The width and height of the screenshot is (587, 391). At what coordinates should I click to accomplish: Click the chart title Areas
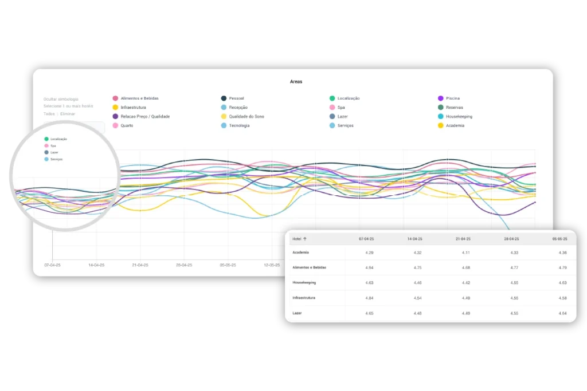click(296, 82)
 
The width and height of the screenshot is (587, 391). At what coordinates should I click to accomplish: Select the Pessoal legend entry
click(236, 98)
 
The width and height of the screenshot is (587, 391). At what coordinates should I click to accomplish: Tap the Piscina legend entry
click(453, 98)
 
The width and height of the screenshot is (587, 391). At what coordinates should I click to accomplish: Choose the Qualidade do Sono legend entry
click(246, 117)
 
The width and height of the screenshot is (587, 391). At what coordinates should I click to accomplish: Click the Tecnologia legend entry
click(239, 126)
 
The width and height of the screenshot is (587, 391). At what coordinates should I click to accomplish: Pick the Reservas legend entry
click(454, 108)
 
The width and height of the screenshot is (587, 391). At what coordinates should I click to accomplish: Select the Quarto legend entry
click(127, 126)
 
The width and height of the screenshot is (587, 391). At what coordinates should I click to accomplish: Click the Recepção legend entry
click(238, 108)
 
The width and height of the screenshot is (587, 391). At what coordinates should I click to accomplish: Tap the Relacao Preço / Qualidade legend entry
click(145, 117)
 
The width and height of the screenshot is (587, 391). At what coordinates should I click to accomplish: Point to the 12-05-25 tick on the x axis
click(272, 266)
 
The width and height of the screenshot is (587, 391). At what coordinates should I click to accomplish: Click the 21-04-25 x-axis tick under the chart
click(140, 266)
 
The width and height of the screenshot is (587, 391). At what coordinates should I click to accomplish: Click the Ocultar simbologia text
click(61, 99)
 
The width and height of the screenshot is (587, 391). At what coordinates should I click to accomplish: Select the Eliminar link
click(68, 114)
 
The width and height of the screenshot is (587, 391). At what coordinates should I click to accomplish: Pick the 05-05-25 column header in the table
click(559, 239)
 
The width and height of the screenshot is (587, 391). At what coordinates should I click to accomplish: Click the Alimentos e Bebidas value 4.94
click(369, 267)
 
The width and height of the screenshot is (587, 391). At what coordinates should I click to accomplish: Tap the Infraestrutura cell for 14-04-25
click(417, 298)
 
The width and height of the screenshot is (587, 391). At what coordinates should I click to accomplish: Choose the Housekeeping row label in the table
click(304, 283)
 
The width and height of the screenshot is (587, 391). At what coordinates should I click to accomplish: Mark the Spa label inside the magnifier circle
click(53, 145)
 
